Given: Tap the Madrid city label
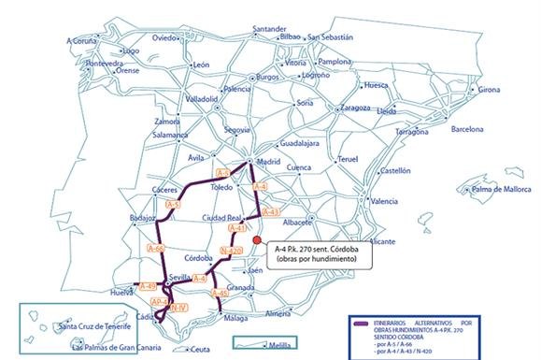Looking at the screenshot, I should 268,160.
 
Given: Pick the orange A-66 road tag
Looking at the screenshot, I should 157,248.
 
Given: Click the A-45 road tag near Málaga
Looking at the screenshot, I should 220,294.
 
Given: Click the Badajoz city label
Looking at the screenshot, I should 142,218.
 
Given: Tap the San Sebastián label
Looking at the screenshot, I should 332,37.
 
